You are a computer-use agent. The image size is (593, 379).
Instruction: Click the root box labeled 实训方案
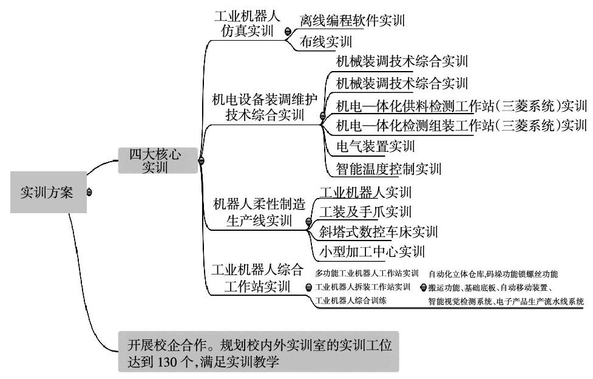point(46,193)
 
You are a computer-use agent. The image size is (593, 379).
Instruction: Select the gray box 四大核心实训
point(156,160)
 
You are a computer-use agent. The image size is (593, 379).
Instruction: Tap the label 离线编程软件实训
point(352,20)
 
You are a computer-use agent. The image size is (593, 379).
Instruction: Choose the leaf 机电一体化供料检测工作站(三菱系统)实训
point(461,106)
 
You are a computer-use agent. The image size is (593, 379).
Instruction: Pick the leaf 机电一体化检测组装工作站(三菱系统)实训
point(461,126)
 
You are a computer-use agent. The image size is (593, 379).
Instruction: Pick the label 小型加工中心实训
point(371,251)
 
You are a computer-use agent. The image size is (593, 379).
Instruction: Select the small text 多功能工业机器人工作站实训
point(367,274)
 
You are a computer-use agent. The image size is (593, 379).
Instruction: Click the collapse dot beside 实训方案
point(90,193)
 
